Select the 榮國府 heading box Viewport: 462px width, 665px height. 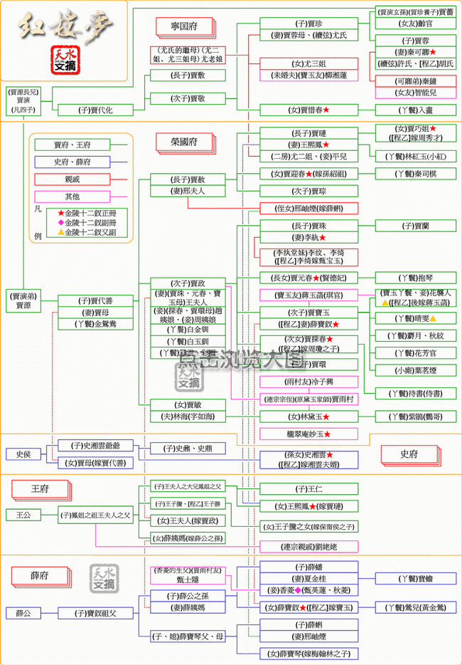click(183, 142)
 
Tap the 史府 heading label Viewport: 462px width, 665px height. click(409, 454)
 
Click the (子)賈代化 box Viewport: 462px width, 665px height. click(95, 110)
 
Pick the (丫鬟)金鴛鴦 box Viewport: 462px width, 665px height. click(95, 324)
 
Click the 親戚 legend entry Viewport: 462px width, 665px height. click(72, 179)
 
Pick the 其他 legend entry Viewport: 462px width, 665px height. click(72, 196)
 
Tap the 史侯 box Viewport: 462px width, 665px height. click(18, 454)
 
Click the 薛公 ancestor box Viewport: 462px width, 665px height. click(18, 612)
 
